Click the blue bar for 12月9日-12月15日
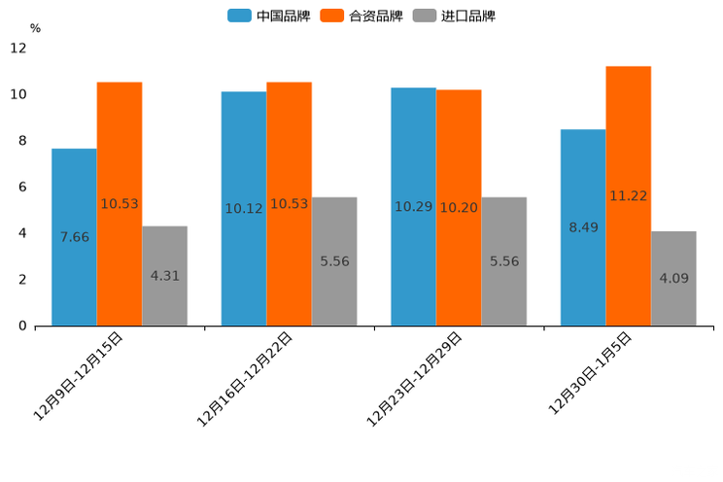point(74,237)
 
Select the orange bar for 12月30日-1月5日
point(628,195)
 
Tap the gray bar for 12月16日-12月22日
point(334,261)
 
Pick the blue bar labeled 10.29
point(413,207)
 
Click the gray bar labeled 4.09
point(673,278)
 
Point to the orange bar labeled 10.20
point(459,207)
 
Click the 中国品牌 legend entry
point(268,16)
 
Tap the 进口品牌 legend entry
point(454,16)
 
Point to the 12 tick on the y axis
point(18,48)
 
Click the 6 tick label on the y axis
point(22,187)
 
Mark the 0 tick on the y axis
point(22,326)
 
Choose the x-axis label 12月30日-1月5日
point(591,373)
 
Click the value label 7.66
point(74,237)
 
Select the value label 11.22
point(628,195)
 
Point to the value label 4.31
point(164,276)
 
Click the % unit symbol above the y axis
point(35,28)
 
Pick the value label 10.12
point(244,208)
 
